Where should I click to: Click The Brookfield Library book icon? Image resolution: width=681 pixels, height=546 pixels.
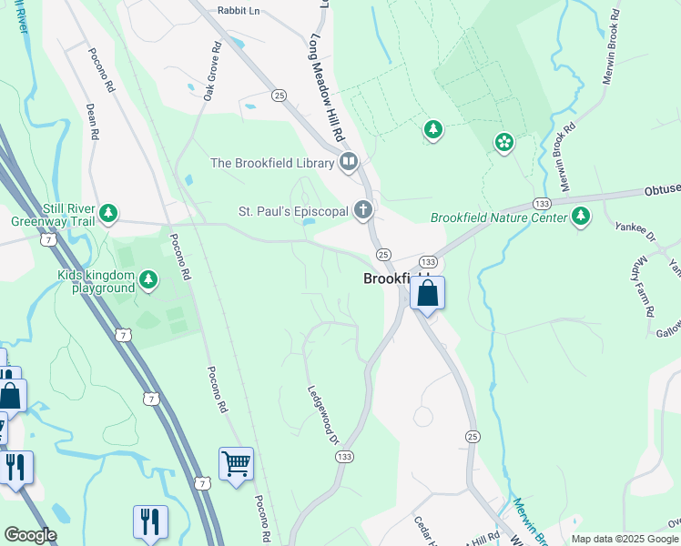point(348,163)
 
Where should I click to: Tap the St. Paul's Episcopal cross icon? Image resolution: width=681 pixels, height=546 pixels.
point(363,211)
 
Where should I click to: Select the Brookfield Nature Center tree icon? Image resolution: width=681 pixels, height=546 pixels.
point(580,217)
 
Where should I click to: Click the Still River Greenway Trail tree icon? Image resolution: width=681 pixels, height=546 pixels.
point(109,213)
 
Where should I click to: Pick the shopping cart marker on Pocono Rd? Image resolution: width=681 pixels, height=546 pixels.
point(236,464)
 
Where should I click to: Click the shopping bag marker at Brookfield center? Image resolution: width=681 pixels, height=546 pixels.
point(427,293)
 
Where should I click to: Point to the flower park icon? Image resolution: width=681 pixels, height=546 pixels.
point(503,142)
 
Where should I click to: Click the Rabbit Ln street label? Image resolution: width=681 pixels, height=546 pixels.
point(239,10)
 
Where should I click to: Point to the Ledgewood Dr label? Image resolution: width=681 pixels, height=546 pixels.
point(322,413)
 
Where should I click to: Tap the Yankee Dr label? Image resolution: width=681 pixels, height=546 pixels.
point(635,238)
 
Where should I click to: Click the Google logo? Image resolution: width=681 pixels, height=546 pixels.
point(30,535)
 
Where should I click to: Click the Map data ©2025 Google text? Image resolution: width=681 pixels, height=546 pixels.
point(625,539)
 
